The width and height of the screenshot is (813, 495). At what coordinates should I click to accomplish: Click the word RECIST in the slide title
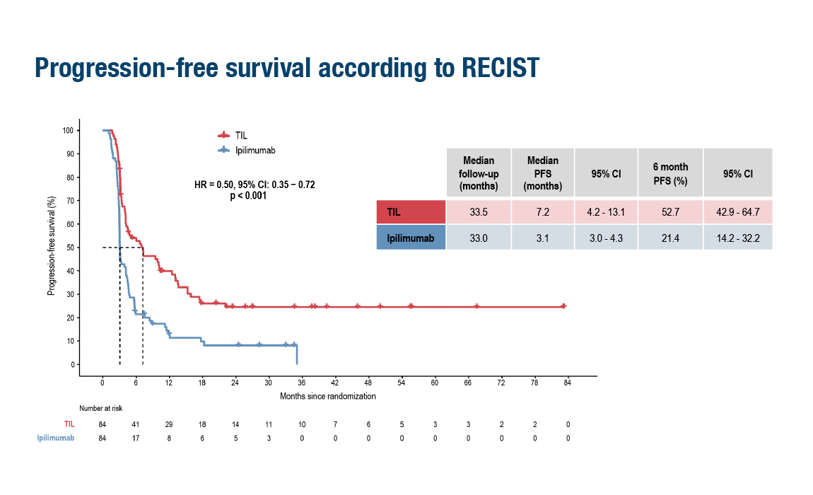point(501,67)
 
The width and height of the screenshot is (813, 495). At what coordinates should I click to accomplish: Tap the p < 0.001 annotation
point(248,196)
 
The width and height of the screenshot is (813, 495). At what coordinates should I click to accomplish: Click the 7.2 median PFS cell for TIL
point(542,212)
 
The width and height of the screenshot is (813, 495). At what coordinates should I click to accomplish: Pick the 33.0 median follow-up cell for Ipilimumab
point(478,238)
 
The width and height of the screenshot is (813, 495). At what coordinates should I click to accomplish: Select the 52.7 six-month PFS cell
point(669,212)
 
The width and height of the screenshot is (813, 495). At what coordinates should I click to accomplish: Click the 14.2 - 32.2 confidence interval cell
point(737,238)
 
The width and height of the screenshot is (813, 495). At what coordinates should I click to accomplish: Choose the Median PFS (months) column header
point(542,173)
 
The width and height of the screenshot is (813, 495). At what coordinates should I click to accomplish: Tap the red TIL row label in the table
point(411,212)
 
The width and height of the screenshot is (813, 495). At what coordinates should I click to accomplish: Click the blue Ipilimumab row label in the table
point(411,238)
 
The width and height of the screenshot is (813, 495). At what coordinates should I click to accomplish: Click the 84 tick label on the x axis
point(567,383)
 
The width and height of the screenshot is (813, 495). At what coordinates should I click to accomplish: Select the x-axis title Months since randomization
point(328,397)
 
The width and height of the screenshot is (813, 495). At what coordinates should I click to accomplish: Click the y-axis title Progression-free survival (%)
point(52,246)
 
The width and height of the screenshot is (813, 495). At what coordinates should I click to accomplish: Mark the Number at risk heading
point(100,407)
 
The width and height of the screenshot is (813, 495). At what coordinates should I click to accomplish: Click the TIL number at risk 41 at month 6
point(136,424)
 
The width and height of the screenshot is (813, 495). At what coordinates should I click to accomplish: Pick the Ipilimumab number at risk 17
point(136,438)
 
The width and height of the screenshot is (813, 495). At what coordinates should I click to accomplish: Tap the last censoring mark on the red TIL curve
point(563,306)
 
